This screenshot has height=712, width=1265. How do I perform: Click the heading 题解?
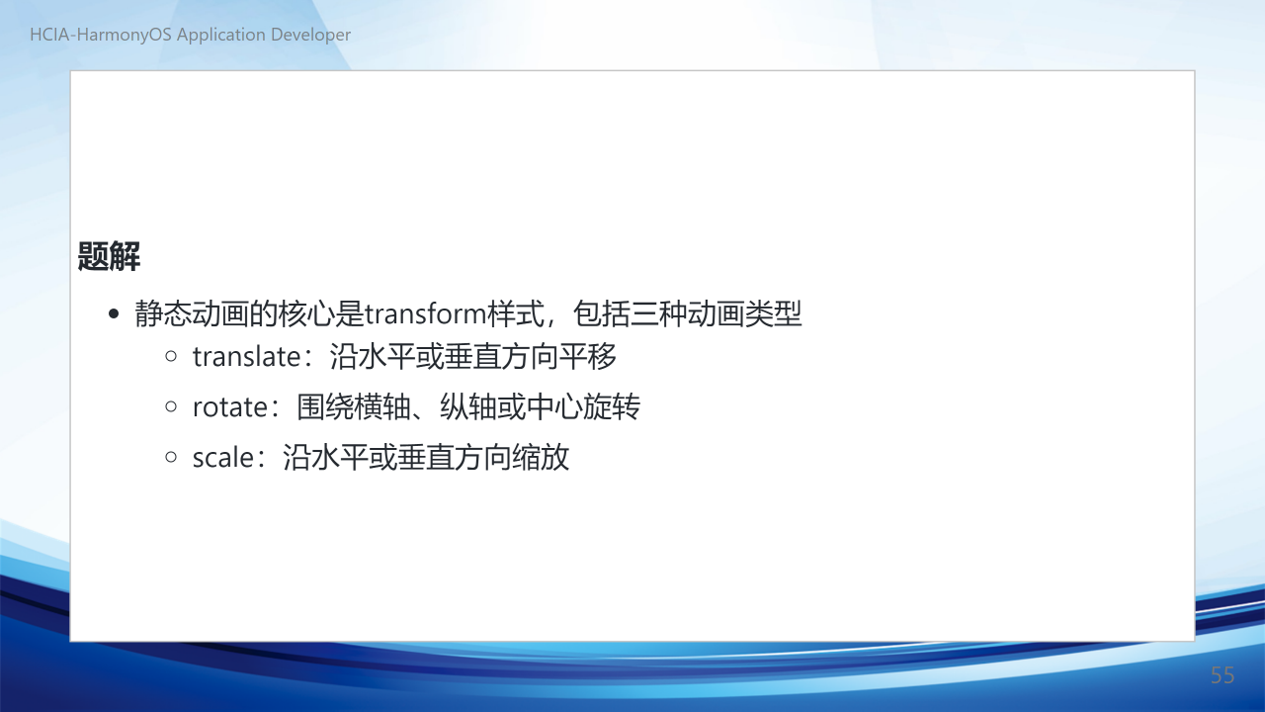tap(109, 256)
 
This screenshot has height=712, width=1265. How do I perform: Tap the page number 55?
tap(1223, 675)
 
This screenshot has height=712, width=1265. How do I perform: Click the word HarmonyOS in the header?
tap(124, 35)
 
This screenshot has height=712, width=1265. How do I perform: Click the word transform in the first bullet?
tap(426, 313)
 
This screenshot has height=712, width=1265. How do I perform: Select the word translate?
tap(246, 357)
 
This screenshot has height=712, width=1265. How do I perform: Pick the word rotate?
tap(230, 407)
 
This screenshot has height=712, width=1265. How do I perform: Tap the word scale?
tap(223, 457)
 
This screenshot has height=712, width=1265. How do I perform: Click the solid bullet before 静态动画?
tap(114, 313)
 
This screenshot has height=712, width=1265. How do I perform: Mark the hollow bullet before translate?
tap(171, 356)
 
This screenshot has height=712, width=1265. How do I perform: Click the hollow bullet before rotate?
tap(171, 406)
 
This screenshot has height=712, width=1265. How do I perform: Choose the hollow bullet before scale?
tap(171, 457)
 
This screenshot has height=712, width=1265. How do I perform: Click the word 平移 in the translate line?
tap(587, 357)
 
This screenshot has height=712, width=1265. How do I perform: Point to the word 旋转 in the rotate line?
tap(612, 406)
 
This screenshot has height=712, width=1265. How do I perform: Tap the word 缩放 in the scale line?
tap(541, 457)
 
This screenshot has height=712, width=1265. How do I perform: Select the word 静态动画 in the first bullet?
tap(192, 313)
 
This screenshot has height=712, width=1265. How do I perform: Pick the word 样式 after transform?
tap(516, 313)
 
